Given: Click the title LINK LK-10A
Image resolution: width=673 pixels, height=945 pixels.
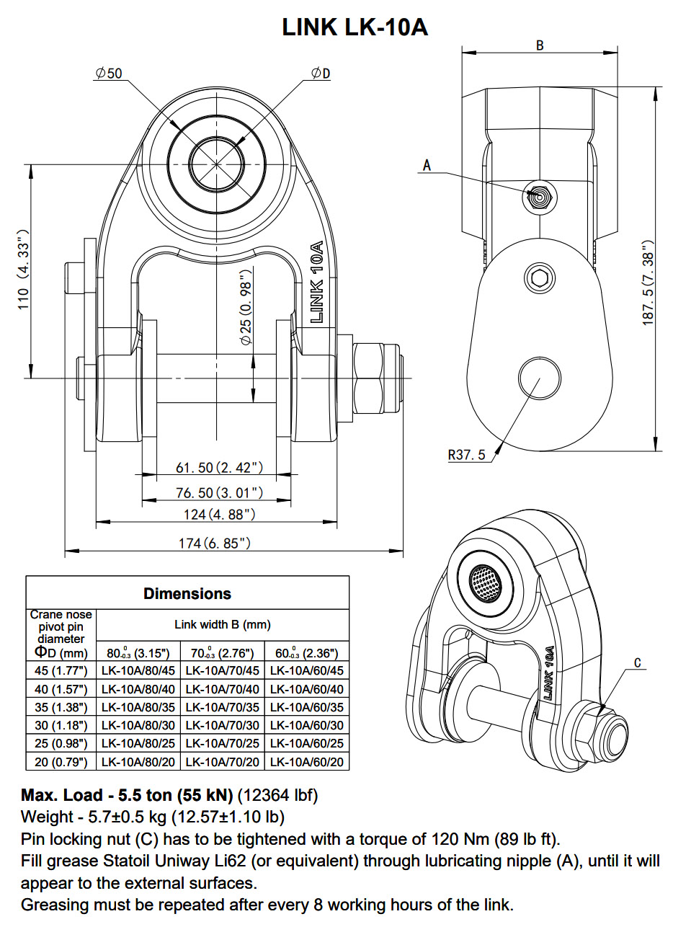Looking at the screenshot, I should (355, 27).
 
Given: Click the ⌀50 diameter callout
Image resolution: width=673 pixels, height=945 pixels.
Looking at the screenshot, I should (109, 73).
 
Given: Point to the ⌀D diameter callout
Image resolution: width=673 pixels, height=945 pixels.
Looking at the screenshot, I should (320, 73).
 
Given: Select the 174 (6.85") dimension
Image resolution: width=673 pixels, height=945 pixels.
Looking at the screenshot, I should (214, 543).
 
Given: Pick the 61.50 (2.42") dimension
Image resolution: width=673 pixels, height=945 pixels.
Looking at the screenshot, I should (219, 468).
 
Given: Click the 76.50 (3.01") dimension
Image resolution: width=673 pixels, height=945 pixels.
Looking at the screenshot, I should (219, 492).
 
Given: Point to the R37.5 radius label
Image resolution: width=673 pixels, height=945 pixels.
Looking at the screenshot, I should (467, 455).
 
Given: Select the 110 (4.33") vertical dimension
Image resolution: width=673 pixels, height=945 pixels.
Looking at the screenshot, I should (24, 270).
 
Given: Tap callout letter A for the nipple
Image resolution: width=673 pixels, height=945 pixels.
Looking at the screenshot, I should (427, 165).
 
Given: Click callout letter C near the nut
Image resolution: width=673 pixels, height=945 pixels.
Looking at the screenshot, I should (638, 662).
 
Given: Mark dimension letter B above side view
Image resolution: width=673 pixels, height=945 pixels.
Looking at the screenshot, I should (540, 45).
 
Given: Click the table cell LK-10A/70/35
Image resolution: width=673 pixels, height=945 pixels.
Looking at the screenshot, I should (222, 707).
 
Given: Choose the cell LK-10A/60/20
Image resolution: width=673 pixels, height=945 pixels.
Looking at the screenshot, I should (307, 761).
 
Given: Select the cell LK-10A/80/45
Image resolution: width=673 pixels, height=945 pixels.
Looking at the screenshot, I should (138, 670).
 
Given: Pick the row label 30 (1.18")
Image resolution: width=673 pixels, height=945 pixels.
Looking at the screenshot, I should (61, 725).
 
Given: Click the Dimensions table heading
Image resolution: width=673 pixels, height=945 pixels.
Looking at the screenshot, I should (187, 593).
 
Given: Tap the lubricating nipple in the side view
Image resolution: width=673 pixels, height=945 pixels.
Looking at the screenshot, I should (538, 195).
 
